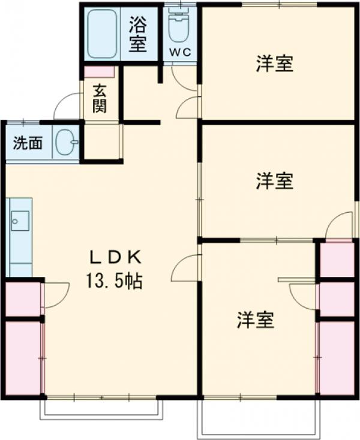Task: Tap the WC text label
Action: click(x=180, y=52)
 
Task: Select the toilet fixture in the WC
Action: click(x=179, y=27)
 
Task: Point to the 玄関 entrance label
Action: click(x=100, y=100)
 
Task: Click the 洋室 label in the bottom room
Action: click(x=255, y=320)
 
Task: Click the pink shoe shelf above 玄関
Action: click(x=98, y=71)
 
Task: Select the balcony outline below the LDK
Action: click(x=101, y=408)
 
